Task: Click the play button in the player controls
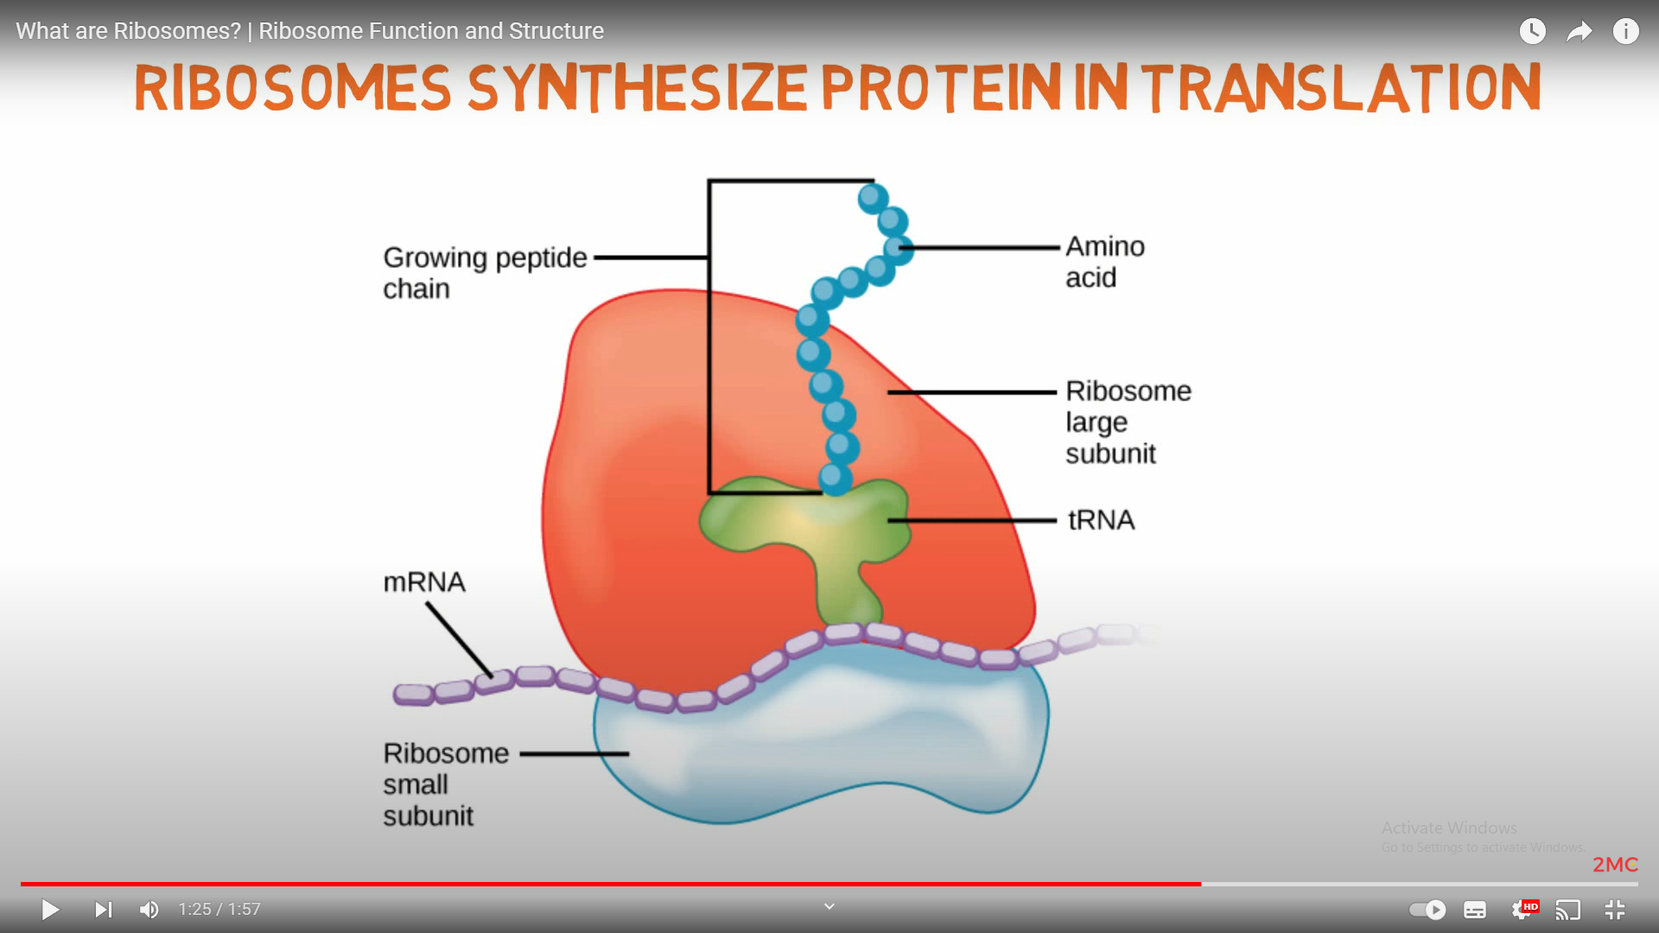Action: tap(50, 910)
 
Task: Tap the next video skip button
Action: tap(103, 910)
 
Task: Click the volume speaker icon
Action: tap(149, 910)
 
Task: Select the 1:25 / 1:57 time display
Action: tap(219, 910)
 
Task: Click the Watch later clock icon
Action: tap(1532, 32)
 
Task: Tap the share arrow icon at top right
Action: tap(1579, 32)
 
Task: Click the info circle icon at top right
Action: tap(1625, 32)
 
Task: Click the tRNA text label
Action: tap(1101, 520)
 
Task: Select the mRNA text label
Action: tap(423, 582)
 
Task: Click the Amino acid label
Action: tap(1103, 262)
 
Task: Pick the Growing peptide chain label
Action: tap(484, 272)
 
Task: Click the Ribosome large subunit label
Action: tap(1127, 422)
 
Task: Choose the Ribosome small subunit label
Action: tap(444, 784)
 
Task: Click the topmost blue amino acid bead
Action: tap(873, 198)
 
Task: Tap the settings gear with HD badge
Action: tap(1522, 910)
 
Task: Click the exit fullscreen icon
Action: tap(1614, 910)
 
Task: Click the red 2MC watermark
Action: tap(1614, 865)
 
